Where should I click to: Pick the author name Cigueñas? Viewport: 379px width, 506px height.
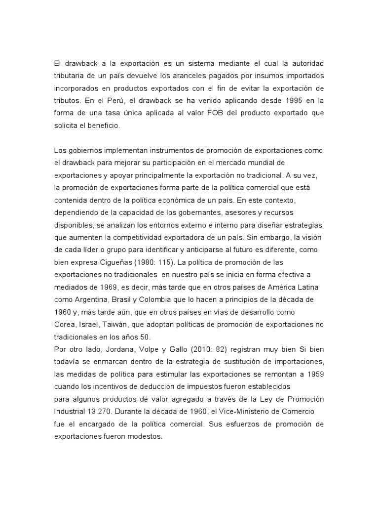click(x=116, y=262)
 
